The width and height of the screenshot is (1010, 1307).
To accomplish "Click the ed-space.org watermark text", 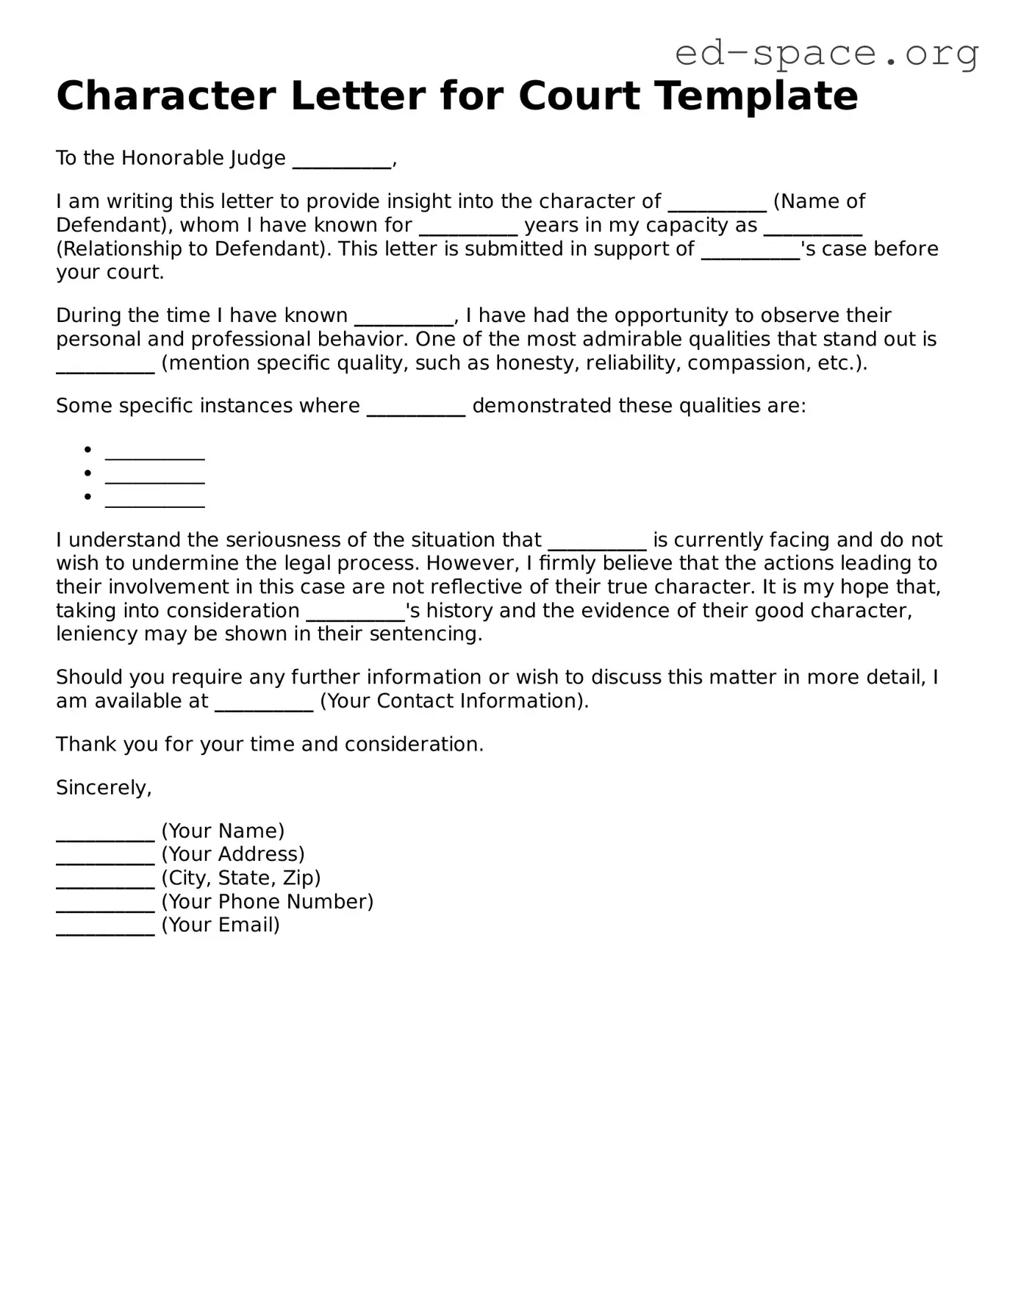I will coord(826,53).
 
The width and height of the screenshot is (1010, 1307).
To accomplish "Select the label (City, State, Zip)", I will coord(241,878).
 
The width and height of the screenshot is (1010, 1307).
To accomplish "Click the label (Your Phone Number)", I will coord(268,902).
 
